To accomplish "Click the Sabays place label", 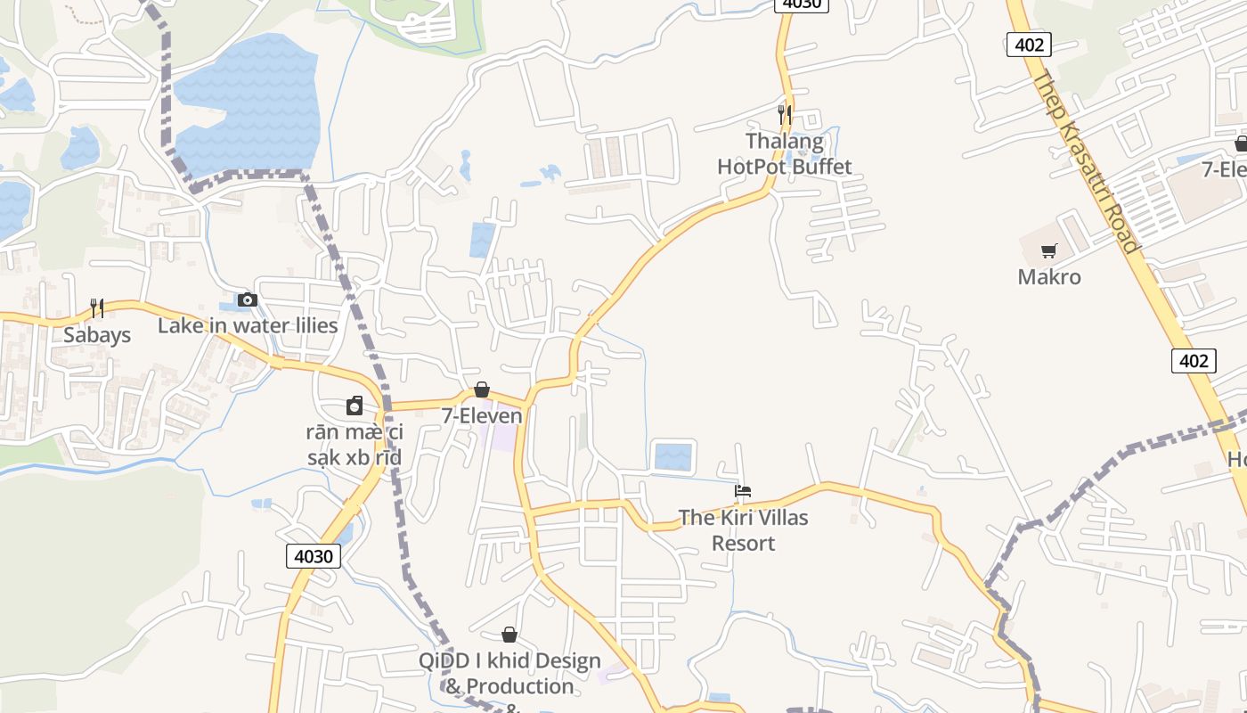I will [x=96, y=335].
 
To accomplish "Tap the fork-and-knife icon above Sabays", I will [x=97, y=308].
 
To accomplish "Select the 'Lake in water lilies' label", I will [x=248, y=325].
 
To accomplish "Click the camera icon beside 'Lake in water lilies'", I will [x=248, y=300].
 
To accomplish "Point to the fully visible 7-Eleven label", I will [x=482, y=415].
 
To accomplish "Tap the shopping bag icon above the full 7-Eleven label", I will [x=482, y=389].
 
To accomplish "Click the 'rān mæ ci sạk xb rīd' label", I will [x=354, y=445].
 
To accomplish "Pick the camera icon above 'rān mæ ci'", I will [x=355, y=406].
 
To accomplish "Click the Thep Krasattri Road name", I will [x=1086, y=160].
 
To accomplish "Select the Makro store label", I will [x=1049, y=277].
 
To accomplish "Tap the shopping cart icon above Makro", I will [x=1049, y=251].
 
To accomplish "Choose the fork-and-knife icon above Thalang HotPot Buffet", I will [x=785, y=114].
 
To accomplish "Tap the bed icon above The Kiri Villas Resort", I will [x=743, y=491].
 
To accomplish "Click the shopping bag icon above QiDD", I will [x=509, y=635].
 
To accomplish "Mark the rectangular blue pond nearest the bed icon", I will [x=673, y=456].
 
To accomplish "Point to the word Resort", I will [x=743, y=543].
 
